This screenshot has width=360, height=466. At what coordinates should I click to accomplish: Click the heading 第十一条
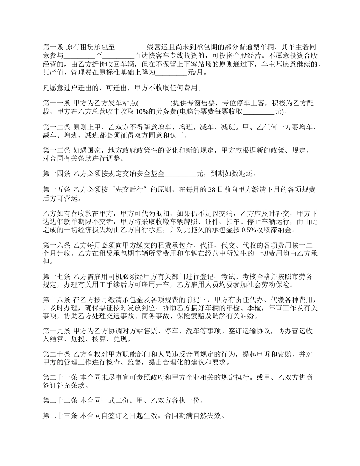pos(56,103)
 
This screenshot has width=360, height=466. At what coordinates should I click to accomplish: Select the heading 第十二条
pos(56,127)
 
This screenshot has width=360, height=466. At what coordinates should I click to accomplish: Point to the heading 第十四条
pos(56,174)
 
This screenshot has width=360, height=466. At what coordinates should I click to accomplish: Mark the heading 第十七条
pos(56,277)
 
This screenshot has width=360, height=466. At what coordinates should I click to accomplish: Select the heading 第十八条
pos(56,300)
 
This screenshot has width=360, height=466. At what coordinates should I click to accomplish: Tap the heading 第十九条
pos(56,331)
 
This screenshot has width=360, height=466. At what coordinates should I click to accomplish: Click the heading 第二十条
pos(56,355)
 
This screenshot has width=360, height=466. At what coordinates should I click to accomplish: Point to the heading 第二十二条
pos(60,400)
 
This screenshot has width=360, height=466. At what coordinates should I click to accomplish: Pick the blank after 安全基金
pos(181,174)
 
